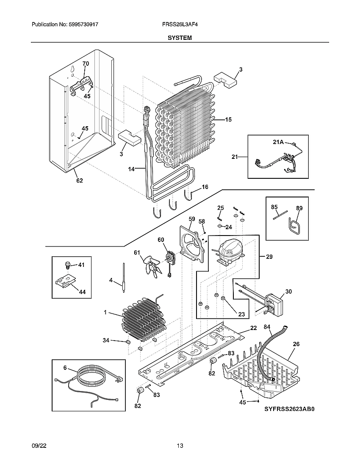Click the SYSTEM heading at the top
click(180, 38)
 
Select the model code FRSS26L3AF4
click(180, 25)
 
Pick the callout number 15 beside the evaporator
click(228, 120)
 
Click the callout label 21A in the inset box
click(278, 142)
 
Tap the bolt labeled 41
click(67, 265)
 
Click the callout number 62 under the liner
click(79, 181)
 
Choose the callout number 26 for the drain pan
click(296, 344)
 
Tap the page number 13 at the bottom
click(180, 446)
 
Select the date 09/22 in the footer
click(39, 446)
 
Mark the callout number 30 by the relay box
click(288, 291)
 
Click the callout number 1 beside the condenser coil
click(105, 312)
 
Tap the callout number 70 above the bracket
click(86, 64)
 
